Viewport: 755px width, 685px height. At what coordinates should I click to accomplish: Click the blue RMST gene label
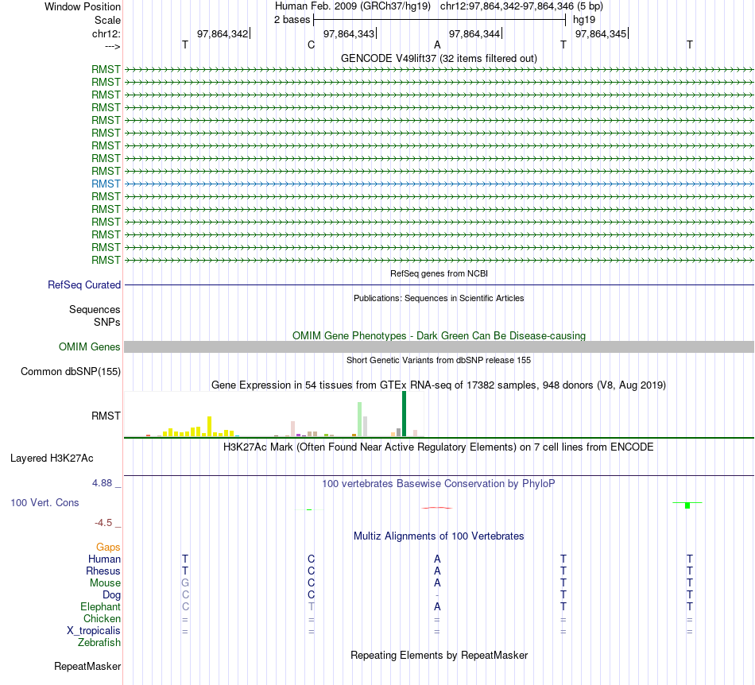tap(106, 184)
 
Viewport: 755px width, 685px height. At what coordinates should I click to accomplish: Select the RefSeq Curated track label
tap(84, 284)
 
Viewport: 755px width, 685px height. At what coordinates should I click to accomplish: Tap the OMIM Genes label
tap(90, 347)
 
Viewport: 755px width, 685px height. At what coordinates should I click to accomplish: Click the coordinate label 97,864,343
tap(349, 33)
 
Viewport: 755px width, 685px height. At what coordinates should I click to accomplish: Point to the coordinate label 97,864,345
tap(600, 33)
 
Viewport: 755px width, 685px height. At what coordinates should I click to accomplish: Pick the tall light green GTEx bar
tap(359, 419)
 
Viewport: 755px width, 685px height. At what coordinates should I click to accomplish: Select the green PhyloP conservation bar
tap(687, 505)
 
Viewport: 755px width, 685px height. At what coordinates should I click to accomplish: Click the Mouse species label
tap(105, 582)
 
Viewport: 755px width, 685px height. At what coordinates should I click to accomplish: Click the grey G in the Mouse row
tap(185, 582)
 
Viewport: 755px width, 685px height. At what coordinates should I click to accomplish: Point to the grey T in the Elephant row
tap(312, 606)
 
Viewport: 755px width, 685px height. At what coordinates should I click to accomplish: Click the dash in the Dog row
tap(437, 595)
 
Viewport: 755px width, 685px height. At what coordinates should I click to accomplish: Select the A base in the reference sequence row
tap(437, 45)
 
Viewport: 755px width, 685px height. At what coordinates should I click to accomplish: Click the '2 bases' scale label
tap(292, 19)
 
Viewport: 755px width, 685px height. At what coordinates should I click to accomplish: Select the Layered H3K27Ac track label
tap(52, 458)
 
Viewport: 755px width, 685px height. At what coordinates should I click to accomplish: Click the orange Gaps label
tap(108, 547)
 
